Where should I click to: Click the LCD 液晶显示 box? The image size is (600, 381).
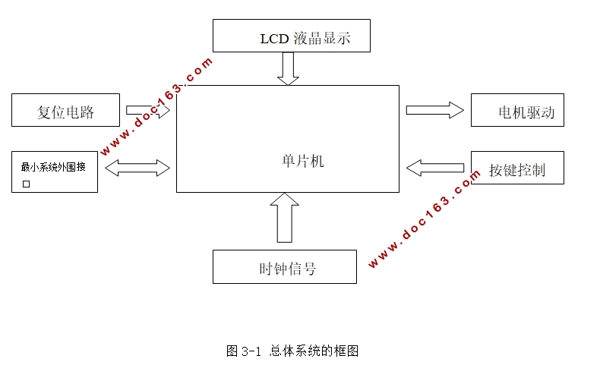click(291, 36)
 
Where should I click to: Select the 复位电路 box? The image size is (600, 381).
click(66, 110)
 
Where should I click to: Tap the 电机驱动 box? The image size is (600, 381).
click(517, 111)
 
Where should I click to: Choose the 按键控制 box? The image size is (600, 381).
click(517, 168)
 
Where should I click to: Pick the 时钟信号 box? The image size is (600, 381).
click(284, 267)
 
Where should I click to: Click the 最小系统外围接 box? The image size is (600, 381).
click(55, 172)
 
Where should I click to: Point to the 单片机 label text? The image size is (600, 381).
click(302, 161)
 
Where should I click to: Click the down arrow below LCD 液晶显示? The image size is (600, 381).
click(288, 68)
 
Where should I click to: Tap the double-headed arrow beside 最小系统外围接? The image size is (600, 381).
click(137, 167)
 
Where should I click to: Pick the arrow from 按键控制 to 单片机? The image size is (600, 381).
click(434, 167)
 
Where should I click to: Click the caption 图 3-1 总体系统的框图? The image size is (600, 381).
click(292, 351)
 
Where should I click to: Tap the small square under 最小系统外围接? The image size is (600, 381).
click(26, 184)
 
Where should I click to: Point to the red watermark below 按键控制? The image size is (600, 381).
click(425, 220)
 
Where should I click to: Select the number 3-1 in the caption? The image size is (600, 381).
click(251, 351)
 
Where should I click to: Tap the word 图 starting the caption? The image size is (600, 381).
click(232, 351)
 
